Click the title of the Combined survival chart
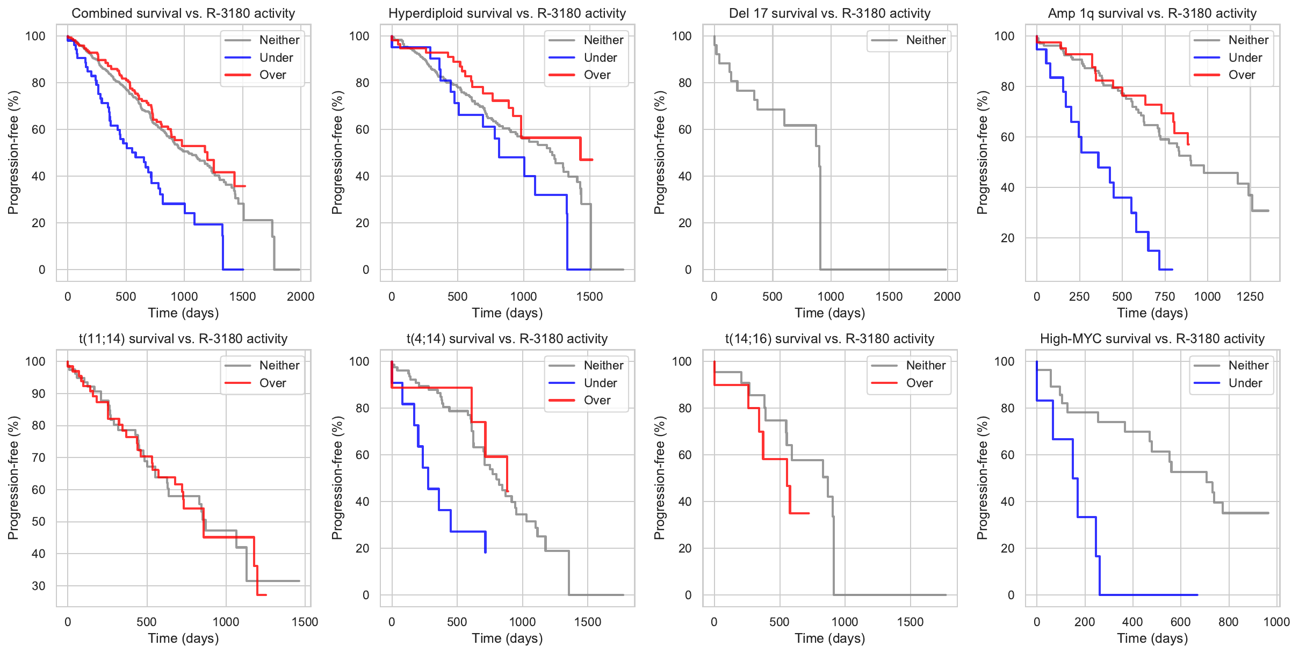click(183, 13)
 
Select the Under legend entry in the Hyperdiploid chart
click(600, 57)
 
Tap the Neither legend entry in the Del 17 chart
click(926, 40)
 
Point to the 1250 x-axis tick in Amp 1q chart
click(1250, 296)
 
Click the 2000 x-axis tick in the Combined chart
click(300, 296)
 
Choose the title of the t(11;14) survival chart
click(183, 339)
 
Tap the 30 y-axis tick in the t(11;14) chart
click(38, 586)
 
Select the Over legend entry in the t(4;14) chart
click(597, 400)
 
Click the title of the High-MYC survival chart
click(1152, 339)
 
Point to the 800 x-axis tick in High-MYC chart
click(1229, 622)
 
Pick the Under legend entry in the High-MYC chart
click(1245, 383)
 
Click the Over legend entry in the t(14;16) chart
click(919, 383)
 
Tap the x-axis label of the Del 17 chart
click(829, 313)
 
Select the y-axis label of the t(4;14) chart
click(337, 478)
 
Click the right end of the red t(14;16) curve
click(809, 513)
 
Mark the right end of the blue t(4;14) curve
click(486, 551)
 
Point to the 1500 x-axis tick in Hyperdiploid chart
click(590, 296)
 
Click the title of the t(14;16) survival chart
click(829, 339)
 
